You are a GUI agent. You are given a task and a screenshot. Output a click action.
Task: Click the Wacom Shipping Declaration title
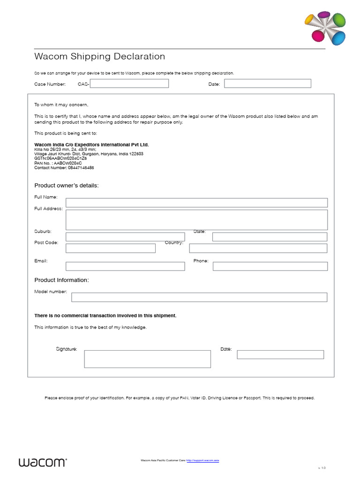100,57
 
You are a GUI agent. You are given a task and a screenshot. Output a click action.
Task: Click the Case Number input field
129,83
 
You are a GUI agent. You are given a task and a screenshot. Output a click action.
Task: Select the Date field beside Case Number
267,83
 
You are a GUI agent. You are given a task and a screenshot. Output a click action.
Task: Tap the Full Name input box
196,202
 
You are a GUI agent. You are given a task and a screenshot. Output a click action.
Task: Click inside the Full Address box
196,220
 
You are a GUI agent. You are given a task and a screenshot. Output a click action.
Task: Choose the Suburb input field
125,237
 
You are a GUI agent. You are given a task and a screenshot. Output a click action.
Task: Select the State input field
270,237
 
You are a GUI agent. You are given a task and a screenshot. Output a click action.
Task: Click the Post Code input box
111,248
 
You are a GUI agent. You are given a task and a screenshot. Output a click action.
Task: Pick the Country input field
258,248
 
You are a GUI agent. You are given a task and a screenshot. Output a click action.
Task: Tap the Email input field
125,266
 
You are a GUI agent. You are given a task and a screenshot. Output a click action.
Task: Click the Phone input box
270,266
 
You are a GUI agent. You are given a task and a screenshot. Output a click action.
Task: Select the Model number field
199,297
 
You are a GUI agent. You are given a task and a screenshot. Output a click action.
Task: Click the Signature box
147,359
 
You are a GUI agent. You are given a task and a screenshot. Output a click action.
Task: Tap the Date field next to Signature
280,354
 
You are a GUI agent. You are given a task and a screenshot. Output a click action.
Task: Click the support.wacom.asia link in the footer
202,461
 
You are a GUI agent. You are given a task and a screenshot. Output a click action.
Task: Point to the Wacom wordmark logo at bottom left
43,462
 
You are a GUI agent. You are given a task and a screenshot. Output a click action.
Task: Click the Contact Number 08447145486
64,167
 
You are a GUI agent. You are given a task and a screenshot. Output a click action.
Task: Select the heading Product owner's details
67,186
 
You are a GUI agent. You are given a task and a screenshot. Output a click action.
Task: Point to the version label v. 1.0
322,468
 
